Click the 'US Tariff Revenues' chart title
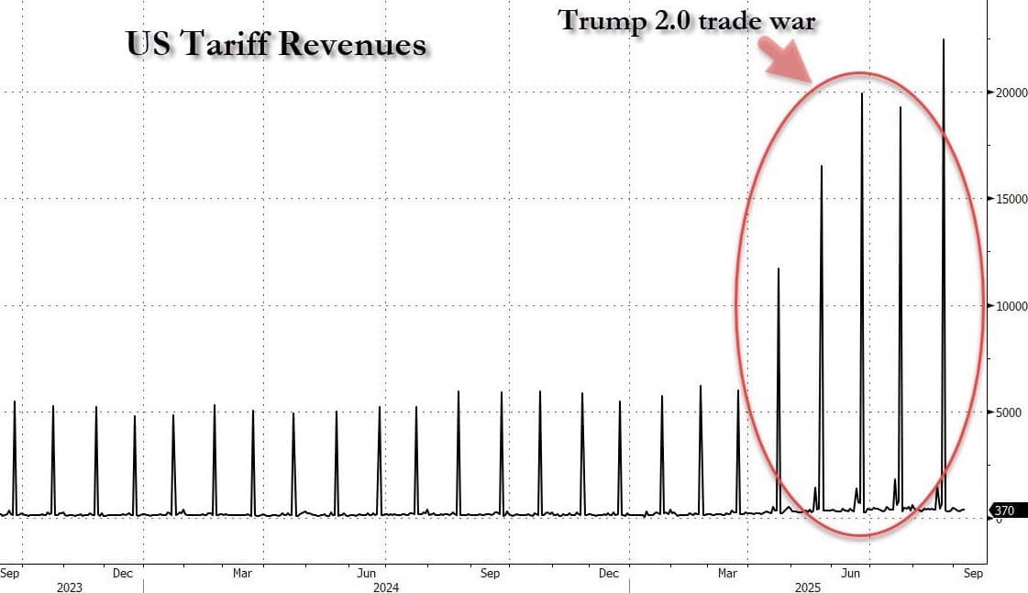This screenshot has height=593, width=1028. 276,44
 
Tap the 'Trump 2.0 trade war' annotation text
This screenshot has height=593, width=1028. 687,21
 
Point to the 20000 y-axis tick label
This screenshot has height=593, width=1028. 1006,93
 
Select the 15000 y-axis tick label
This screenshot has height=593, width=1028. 1006,199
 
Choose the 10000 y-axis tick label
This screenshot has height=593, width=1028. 1006,306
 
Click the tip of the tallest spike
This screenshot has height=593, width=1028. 944,39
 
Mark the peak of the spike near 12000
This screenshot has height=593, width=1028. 779,269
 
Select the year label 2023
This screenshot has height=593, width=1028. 70,588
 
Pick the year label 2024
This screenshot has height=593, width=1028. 386,588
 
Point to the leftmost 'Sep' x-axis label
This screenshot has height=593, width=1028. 10,574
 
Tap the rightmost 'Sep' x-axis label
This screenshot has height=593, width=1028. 973,574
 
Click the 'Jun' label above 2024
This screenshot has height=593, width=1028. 366,574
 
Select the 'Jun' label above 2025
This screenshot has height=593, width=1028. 851,574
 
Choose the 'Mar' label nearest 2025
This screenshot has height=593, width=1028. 728,574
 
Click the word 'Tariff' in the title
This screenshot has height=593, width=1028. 235,44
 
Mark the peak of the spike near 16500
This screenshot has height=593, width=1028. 822,166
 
